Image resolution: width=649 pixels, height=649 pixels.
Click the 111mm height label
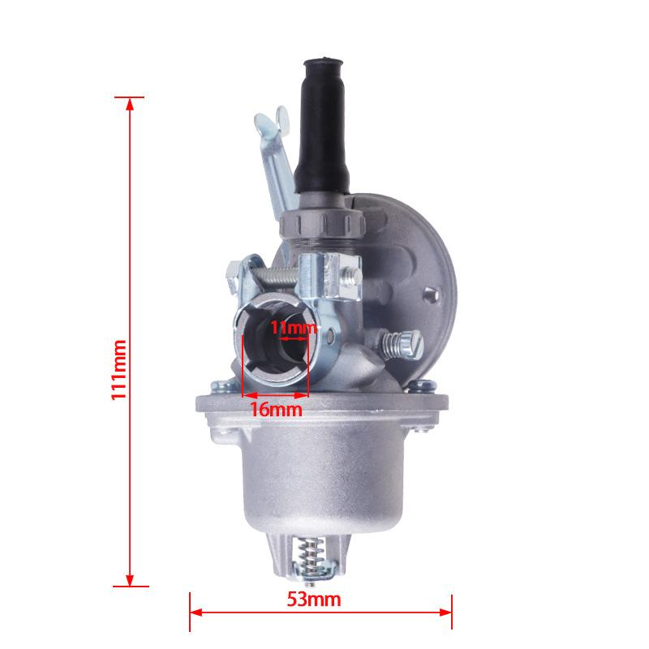click(x=119, y=370)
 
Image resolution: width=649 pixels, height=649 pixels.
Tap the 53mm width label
click(x=314, y=600)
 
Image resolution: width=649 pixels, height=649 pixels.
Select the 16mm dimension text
click(x=276, y=410)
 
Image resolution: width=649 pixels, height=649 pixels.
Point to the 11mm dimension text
click(x=294, y=328)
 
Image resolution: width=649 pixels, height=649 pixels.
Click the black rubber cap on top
click(x=323, y=127)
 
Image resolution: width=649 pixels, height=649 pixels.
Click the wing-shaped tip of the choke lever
click(x=271, y=120)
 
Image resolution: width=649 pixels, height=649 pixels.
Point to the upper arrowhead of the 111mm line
click(x=130, y=104)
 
